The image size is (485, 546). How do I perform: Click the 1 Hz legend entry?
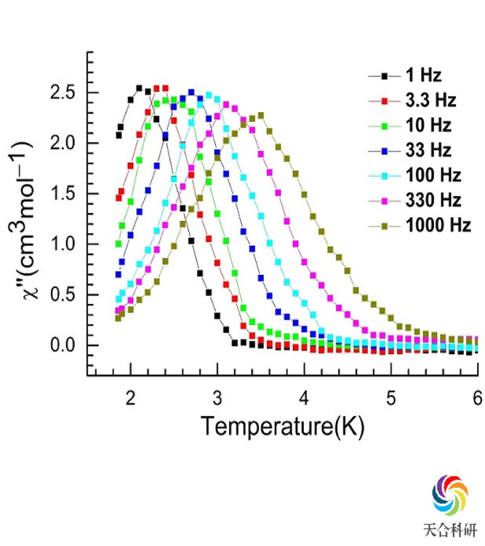point(418,76)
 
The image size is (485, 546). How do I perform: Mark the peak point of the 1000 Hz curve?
point(261,115)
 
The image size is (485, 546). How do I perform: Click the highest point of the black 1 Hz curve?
point(139,88)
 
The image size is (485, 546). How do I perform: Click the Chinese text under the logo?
point(450,529)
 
